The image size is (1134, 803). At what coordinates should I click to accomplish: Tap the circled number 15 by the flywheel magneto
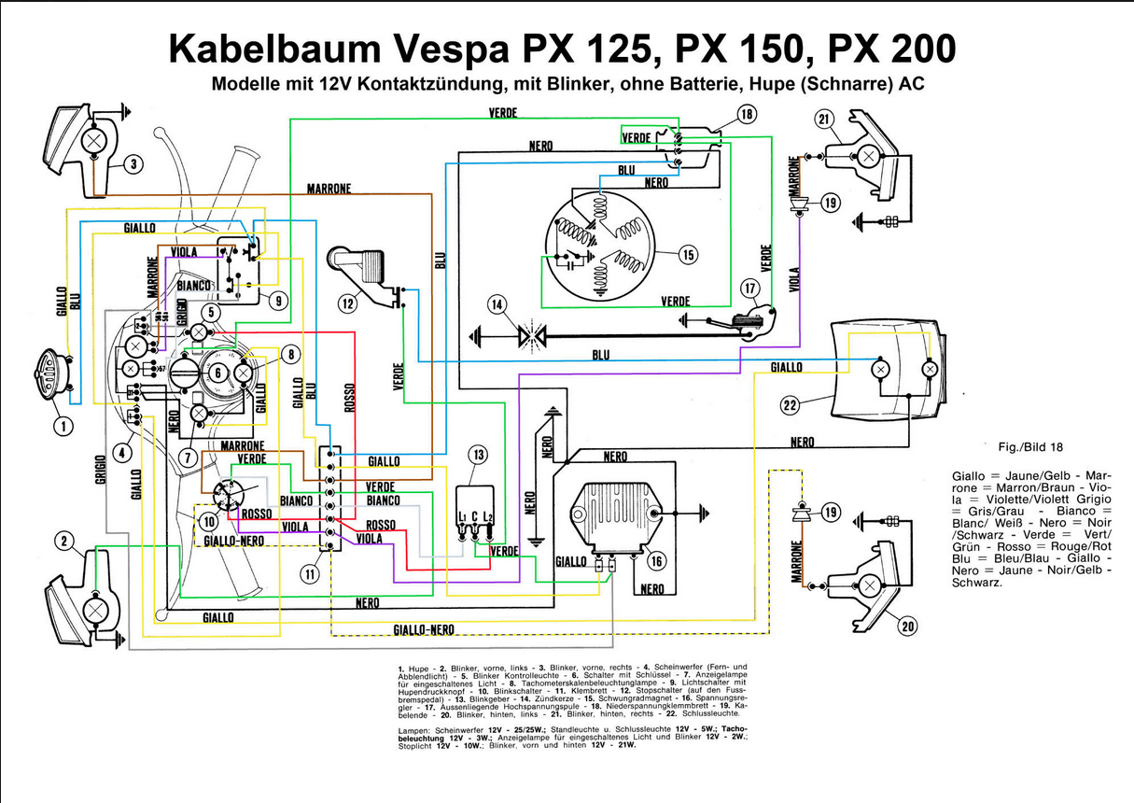(688, 254)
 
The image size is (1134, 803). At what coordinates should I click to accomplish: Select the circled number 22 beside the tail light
(790, 404)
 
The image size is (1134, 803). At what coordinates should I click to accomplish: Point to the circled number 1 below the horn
(63, 427)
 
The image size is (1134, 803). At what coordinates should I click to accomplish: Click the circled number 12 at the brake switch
(347, 303)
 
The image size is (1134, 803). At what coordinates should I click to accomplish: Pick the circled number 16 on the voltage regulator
(656, 560)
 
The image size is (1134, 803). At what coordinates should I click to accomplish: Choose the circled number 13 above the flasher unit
(478, 455)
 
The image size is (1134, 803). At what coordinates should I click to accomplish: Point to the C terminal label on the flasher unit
(476, 516)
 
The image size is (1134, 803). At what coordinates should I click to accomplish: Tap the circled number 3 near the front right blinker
(133, 164)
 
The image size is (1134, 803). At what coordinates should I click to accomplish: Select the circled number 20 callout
(906, 626)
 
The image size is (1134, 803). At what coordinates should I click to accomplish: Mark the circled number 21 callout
(823, 119)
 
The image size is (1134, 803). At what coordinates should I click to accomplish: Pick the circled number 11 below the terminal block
(310, 574)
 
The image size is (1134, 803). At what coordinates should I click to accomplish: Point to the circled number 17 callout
(749, 289)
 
